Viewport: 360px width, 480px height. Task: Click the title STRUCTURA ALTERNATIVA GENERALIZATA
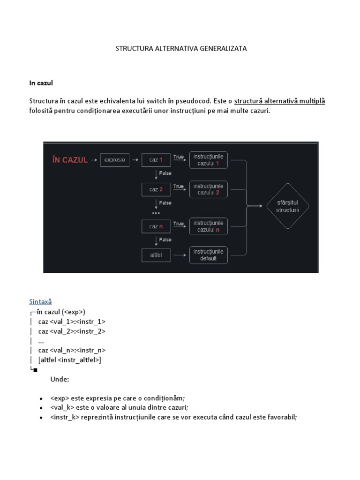[x=181, y=49]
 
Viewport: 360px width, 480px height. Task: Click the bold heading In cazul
[x=41, y=83]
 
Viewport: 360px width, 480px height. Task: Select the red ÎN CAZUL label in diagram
[x=70, y=160]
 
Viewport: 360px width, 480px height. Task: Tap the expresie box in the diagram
[x=114, y=160]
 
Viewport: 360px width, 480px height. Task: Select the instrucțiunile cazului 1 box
[x=208, y=160]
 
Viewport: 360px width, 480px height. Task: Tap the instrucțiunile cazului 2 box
[x=208, y=189]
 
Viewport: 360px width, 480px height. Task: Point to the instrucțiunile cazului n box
[x=208, y=226]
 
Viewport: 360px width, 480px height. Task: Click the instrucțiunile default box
[x=208, y=255]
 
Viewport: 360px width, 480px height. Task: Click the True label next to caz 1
[x=178, y=157]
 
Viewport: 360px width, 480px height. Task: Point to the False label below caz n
[x=165, y=240]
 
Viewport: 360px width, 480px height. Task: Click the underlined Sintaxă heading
[x=40, y=302]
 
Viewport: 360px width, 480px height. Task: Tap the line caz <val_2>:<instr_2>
[x=72, y=331]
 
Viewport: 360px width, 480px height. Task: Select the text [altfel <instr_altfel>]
[x=70, y=360]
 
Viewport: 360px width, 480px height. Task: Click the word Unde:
[x=60, y=379]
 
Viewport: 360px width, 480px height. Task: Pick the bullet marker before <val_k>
[x=42, y=408]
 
